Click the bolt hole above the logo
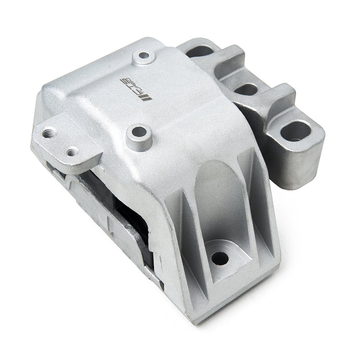[x=144, y=56]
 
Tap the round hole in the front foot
[x=220, y=258]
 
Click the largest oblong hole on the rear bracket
[x=295, y=131]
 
